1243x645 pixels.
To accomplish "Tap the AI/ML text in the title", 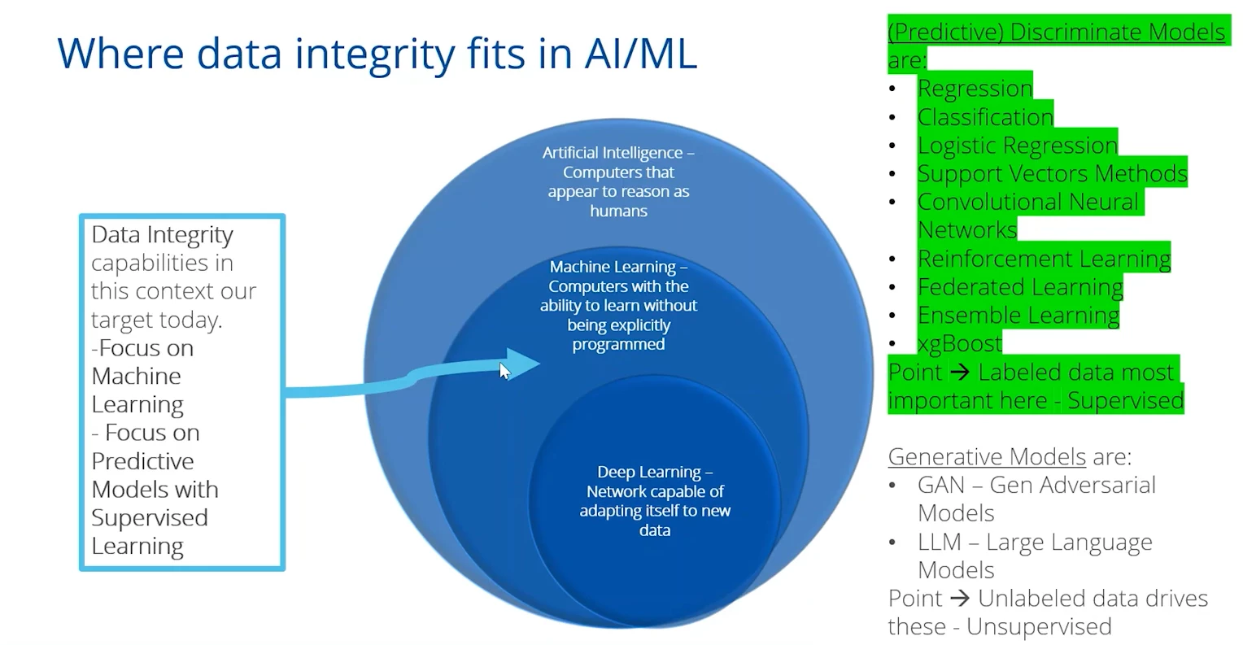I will pyautogui.click(x=640, y=54).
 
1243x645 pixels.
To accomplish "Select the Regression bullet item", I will pyautogui.click(x=975, y=88).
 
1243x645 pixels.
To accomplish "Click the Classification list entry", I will pyautogui.click(x=985, y=116).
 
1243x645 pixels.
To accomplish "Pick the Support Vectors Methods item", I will pyautogui.click(x=1052, y=173).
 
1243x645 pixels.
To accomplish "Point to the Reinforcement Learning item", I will pyautogui.click(x=1044, y=259).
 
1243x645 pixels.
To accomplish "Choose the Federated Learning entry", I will pyautogui.click(x=1020, y=287).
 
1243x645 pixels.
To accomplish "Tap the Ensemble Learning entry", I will pyautogui.click(x=1018, y=316).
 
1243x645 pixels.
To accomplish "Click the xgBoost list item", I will pyautogui.click(x=960, y=343).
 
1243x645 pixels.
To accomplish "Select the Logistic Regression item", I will pyautogui.click(x=1017, y=145).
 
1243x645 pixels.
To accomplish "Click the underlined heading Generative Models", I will pyautogui.click(x=987, y=456).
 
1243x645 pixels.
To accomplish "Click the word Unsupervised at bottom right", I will pyautogui.click(x=1039, y=626).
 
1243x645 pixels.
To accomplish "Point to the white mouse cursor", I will pyautogui.click(x=504, y=371).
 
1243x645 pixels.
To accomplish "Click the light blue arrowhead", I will pyautogui.click(x=521, y=364).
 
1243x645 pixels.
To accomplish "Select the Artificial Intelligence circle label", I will pyautogui.click(x=618, y=181).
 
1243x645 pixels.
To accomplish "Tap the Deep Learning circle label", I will pyautogui.click(x=655, y=500).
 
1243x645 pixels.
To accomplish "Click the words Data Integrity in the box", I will pyautogui.click(x=162, y=235).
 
